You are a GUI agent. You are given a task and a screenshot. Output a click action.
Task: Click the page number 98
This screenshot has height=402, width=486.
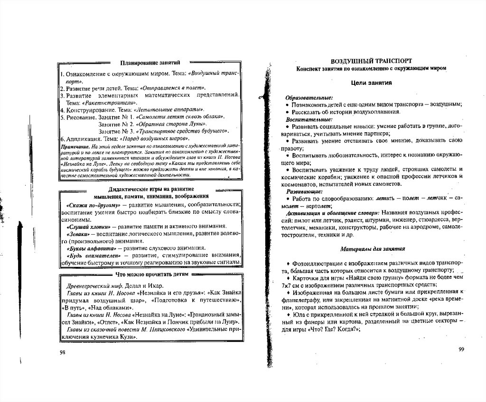tap(63, 352)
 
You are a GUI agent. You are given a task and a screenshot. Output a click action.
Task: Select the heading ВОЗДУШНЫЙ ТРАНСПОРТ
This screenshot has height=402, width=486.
tap(371, 61)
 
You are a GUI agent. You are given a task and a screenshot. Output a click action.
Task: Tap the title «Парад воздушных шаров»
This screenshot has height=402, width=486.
tap(153, 139)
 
